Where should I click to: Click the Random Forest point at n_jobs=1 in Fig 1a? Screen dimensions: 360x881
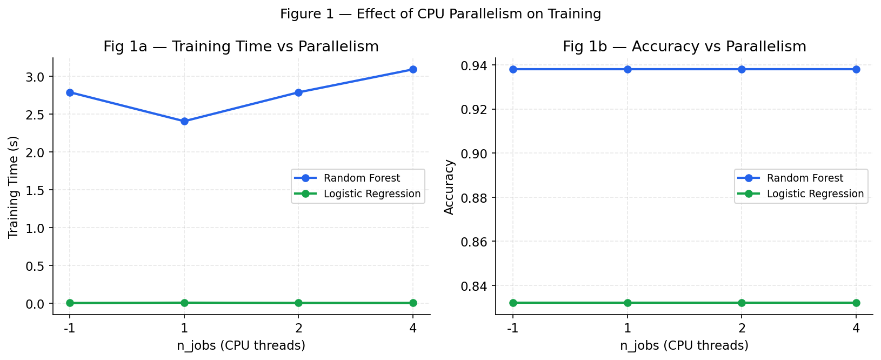pos(184,121)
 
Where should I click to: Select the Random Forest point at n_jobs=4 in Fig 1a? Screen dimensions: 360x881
pos(413,69)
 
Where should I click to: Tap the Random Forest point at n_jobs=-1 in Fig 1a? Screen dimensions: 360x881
pos(70,92)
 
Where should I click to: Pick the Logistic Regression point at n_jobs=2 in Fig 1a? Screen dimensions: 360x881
pos(298,303)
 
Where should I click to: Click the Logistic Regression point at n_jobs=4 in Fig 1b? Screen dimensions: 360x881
pos(856,303)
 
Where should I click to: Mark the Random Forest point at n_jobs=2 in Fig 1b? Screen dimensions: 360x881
pos(742,69)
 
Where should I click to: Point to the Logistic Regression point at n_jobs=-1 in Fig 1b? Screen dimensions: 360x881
pos(513,303)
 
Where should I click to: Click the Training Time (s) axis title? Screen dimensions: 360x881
pos(14,187)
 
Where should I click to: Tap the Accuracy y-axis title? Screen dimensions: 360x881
pos(449,187)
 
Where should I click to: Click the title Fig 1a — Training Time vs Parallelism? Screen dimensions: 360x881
pos(241,47)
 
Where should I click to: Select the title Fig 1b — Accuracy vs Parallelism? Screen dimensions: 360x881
pos(684,47)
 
